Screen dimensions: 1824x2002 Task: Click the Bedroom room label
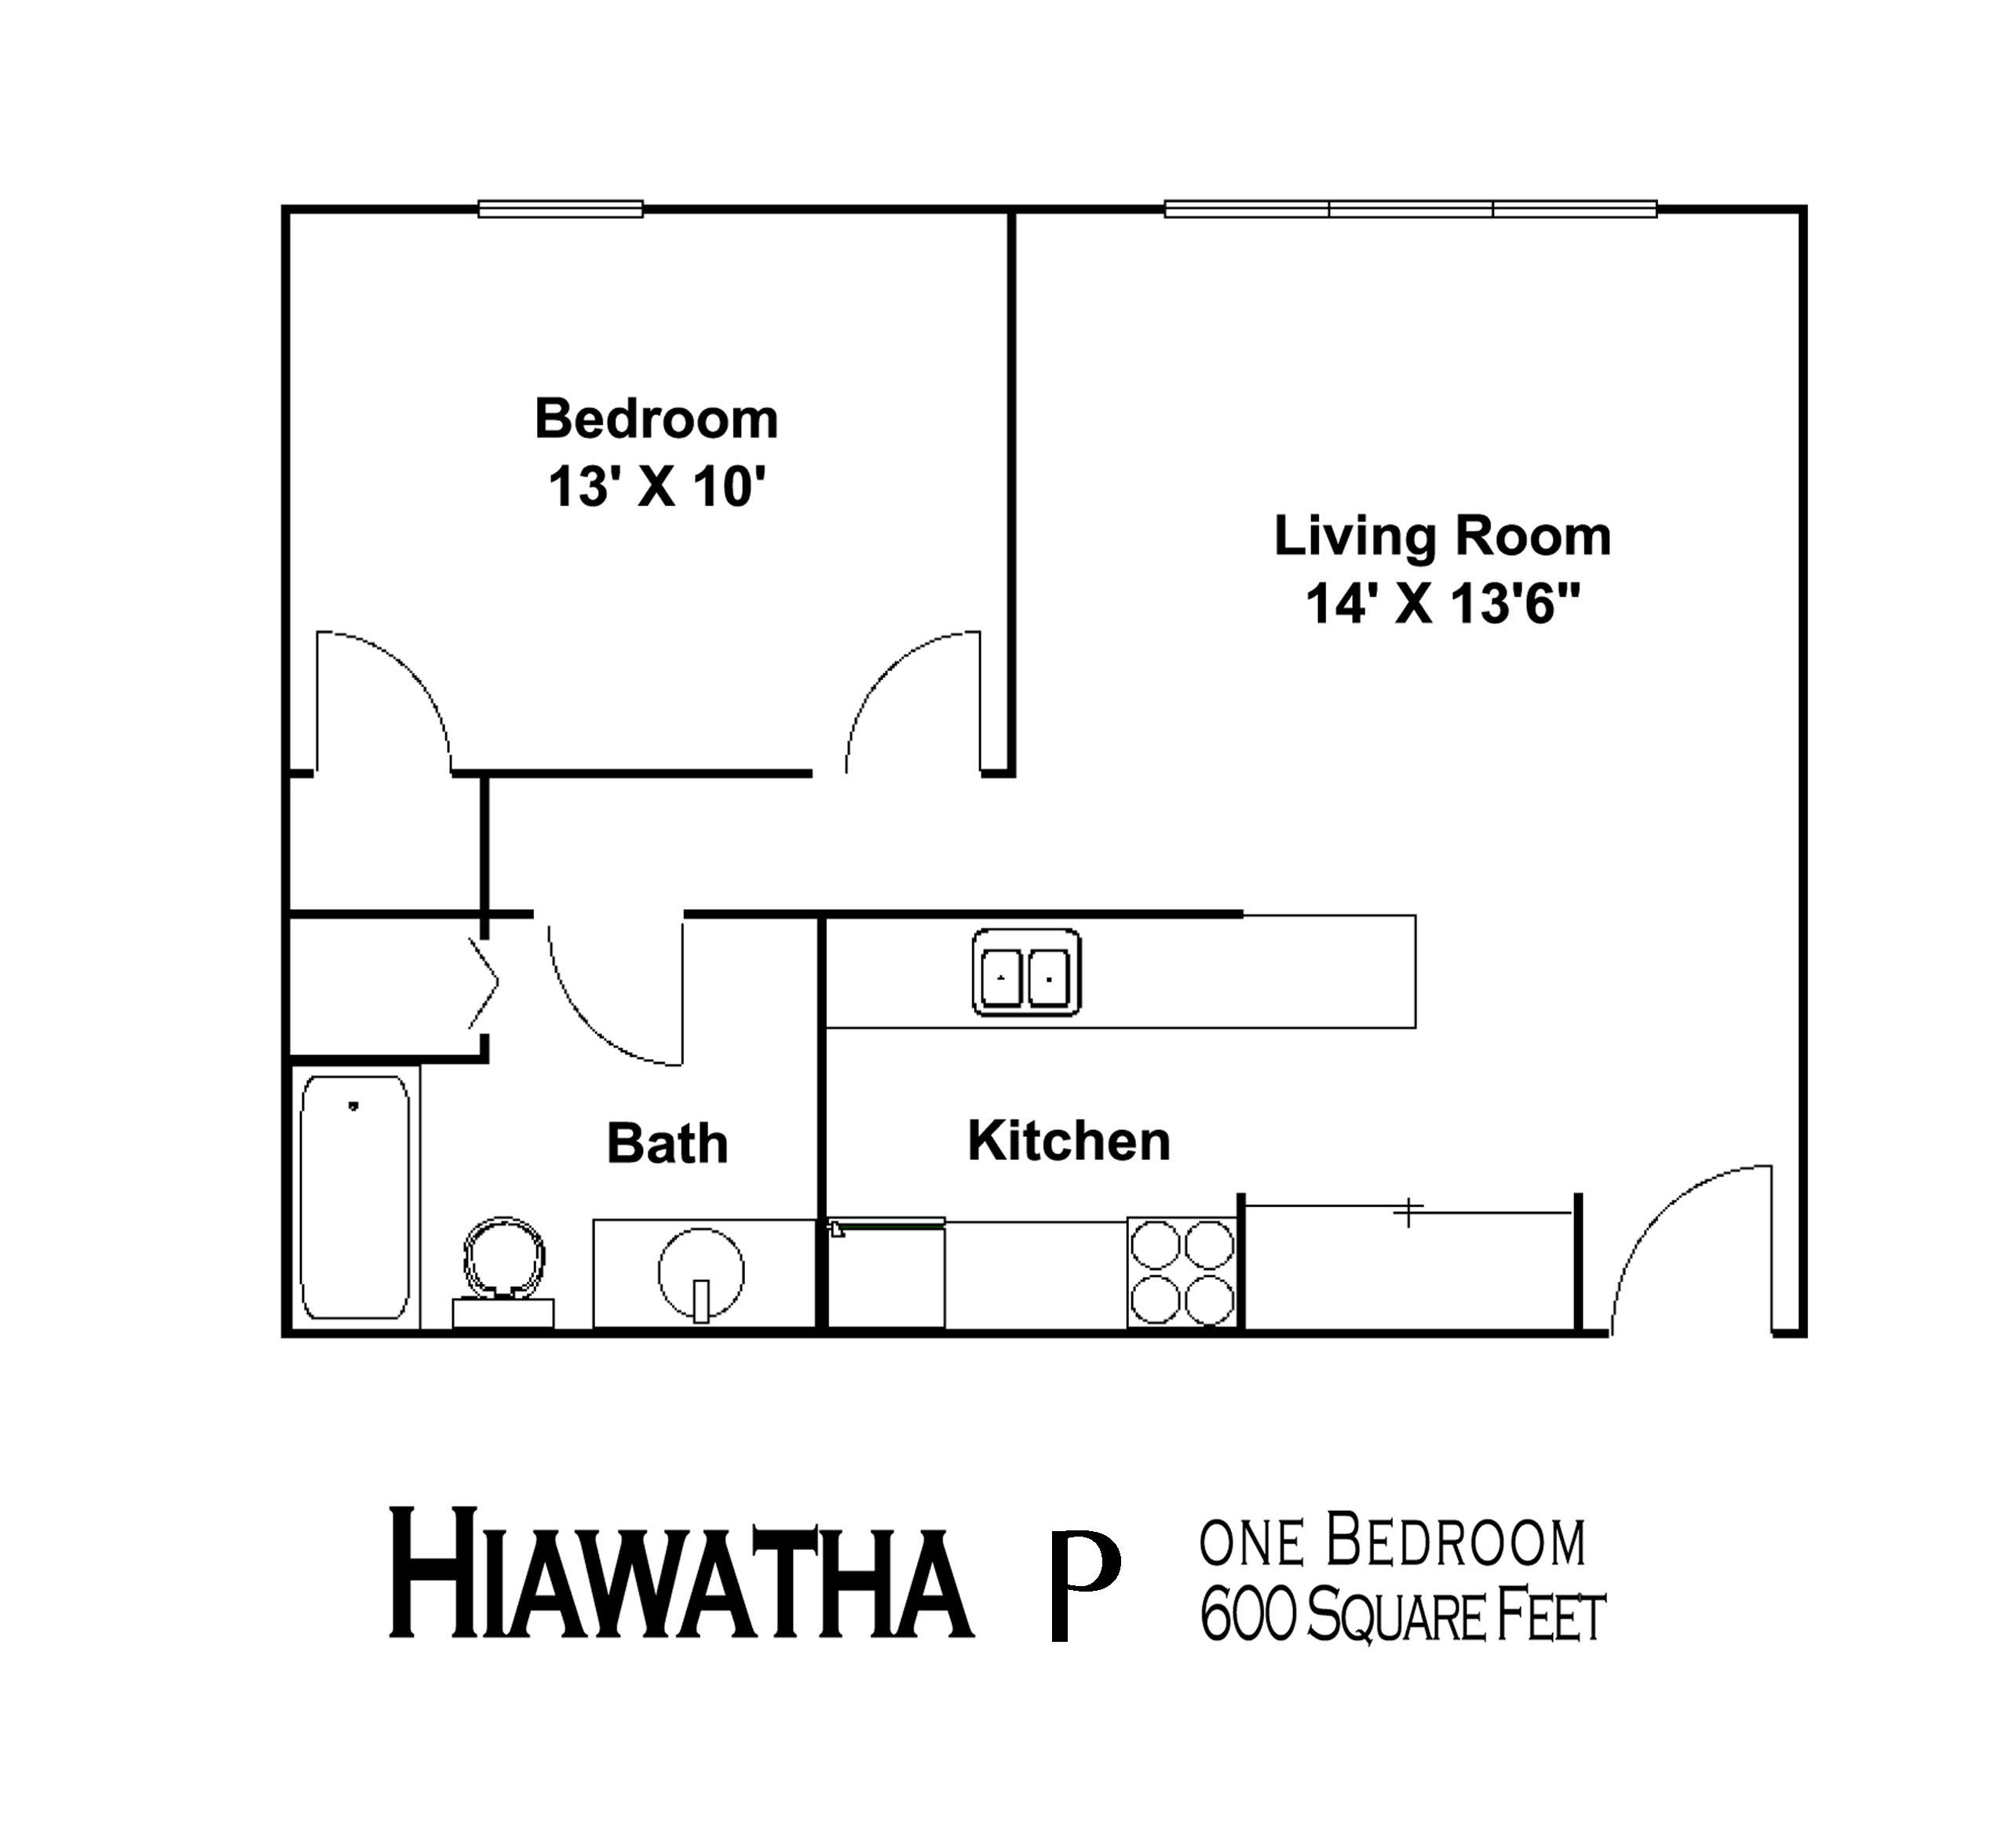click(x=656, y=419)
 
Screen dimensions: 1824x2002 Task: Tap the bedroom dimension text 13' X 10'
click(x=657, y=488)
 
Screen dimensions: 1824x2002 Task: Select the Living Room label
click(x=1442, y=536)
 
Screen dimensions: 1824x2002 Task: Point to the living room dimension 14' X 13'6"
click(x=1442, y=604)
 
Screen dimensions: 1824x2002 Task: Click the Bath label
click(x=667, y=1143)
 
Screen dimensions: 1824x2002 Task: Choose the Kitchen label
click(x=1069, y=1141)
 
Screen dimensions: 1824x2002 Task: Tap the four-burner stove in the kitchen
click(x=1182, y=1272)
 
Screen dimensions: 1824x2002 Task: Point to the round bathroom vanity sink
click(x=701, y=1272)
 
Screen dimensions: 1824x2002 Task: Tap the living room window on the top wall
click(x=1410, y=210)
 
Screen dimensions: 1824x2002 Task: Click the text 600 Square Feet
click(x=1401, y=1617)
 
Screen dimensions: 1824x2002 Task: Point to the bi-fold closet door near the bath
click(x=484, y=984)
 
